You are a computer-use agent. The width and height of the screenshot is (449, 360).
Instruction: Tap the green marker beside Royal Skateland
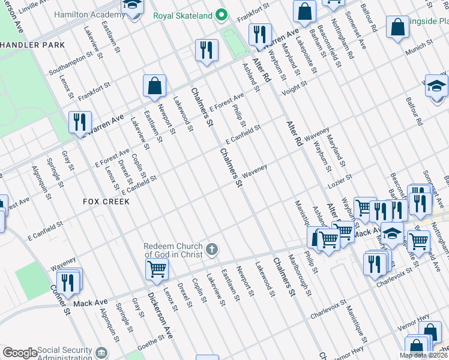coord(221,14)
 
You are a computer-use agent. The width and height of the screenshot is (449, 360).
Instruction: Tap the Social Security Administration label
coord(64,354)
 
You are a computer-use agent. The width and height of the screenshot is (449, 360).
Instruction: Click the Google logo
coord(19,353)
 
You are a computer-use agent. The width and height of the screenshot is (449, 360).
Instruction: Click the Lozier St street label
coord(340,178)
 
